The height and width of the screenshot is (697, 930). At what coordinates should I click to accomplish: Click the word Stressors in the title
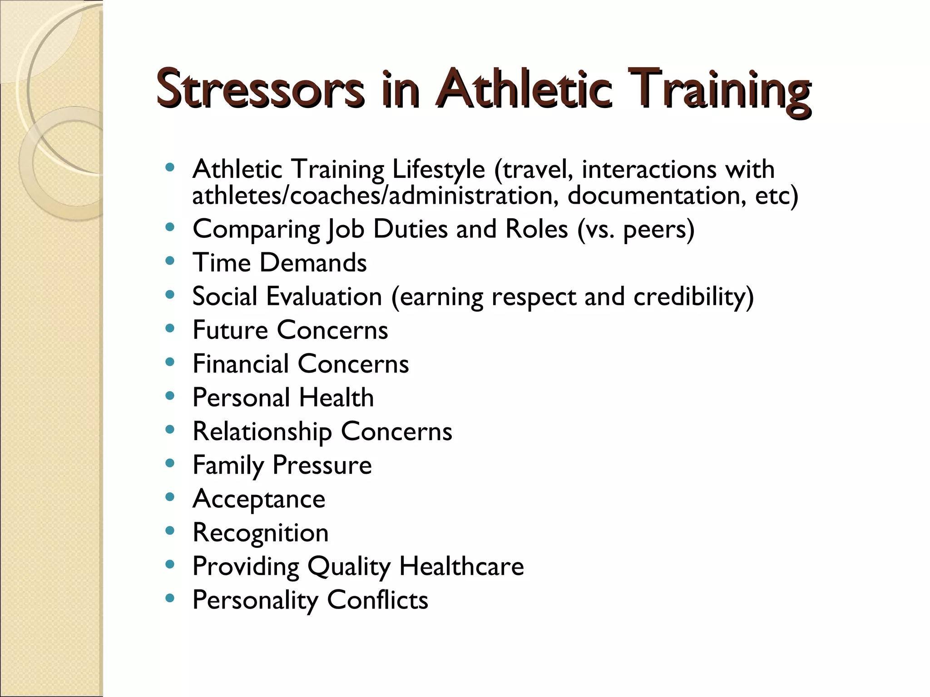pyautogui.click(x=260, y=88)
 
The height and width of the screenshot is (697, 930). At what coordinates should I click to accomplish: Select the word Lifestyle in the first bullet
pyautogui.click(x=439, y=170)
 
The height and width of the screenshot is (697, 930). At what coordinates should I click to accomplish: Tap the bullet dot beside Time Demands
pyautogui.click(x=170, y=262)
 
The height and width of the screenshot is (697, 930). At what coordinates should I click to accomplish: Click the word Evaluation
pyautogui.click(x=324, y=296)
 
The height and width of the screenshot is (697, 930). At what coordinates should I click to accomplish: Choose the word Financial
pyautogui.click(x=241, y=364)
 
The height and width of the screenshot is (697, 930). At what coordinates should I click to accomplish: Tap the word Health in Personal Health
pyautogui.click(x=336, y=398)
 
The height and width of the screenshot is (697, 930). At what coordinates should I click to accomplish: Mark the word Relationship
pyautogui.click(x=262, y=432)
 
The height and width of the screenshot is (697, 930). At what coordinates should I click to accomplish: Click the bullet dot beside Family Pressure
pyautogui.click(x=170, y=464)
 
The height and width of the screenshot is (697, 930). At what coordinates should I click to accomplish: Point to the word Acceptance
pyautogui.click(x=259, y=499)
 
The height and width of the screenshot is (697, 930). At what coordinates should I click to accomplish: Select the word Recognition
pyautogui.click(x=261, y=533)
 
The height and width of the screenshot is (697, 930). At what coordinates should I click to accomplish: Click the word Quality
pyautogui.click(x=349, y=566)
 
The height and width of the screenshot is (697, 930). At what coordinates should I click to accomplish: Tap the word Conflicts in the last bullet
pyautogui.click(x=377, y=600)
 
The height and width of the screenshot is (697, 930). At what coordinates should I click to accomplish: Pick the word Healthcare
pyautogui.click(x=461, y=566)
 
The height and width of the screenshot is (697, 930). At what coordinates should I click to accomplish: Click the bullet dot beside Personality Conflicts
pyautogui.click(x=170, y=599)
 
